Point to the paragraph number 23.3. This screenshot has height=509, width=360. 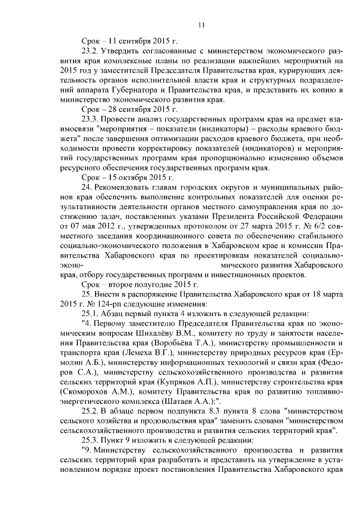(x=91, y=120)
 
